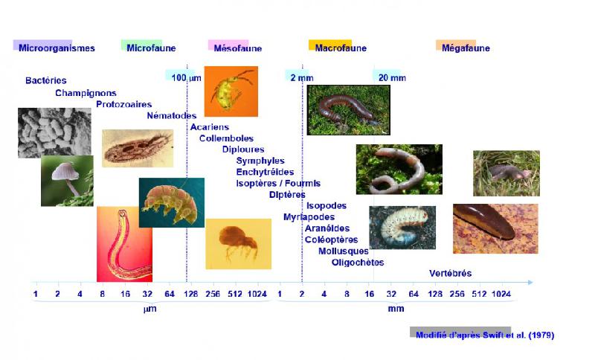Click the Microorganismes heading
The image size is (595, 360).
[x=57, y=48]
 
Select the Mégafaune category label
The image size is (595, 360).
[x=466, y=48]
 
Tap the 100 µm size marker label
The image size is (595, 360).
[x=186, y=78]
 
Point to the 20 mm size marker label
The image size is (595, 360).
[x=392, y=78]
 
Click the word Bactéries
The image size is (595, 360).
[x=46, y=80]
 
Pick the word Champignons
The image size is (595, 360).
[x=86, y=93]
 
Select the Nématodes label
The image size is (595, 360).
[x=172, y=115]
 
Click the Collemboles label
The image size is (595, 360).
[x=226, y=138]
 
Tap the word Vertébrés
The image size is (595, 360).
[x=450, y=273]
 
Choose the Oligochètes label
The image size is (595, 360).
[x=358, y=262]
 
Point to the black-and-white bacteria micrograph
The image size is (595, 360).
[x=44, y=132]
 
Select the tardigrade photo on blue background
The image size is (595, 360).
[x=171, y=202]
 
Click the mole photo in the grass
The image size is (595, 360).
[x=506, y=173]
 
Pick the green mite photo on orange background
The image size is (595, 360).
[x=231, y=91]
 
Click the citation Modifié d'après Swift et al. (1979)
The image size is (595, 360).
[x=485, y=335]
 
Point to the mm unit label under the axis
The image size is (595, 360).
[x=396, y=309]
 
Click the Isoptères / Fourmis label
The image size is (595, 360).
[x=278, y=183]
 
